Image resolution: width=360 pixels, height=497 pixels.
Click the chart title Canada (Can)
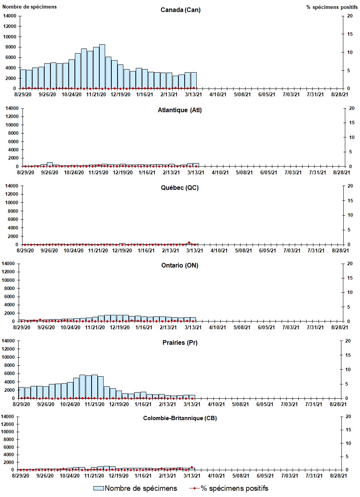tap(180, 10)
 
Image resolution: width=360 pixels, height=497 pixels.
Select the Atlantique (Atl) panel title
tap(180, 110)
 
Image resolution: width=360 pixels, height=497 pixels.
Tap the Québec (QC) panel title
tap(180, 188)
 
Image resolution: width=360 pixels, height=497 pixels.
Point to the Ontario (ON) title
tap(180, 265)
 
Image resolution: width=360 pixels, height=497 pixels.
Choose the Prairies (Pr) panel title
tap(180, 342)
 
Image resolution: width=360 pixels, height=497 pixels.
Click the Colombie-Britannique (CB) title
tap(180, 418)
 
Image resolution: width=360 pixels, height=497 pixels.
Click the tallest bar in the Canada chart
tap(102, 66)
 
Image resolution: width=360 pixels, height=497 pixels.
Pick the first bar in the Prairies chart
tap(21, 393)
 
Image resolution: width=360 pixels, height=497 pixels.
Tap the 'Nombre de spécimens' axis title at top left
tap(30, 7)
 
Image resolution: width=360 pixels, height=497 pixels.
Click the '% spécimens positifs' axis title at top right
tap(330, 7)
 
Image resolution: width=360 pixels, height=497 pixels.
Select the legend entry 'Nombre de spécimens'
tap(135, 488)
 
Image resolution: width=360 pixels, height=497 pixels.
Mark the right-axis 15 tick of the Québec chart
tap(350, 200)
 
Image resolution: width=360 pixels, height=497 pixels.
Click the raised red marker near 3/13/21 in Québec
tap(189, 242)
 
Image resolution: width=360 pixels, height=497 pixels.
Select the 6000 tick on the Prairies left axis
tap(10, 374)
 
